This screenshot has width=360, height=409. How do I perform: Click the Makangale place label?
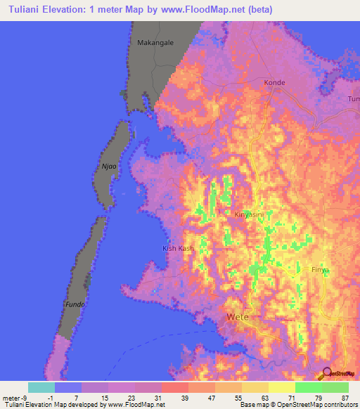click(155, 43)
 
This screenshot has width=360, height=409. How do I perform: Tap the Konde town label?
click(274, 83)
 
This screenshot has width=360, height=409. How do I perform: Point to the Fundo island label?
click(75, 304)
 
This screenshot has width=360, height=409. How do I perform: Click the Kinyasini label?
click(249, 214)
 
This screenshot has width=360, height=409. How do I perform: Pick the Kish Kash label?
click(178, 249)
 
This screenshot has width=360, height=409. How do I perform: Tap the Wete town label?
click(237, 318)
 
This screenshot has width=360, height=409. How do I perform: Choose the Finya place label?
click(321, 269)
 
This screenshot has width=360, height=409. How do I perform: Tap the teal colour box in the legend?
click(41, 387)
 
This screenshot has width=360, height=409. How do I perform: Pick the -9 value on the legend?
click(23, 398)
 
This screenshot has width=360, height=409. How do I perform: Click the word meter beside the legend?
click(10, 398)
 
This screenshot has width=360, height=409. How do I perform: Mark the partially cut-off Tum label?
click(353, 99)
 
